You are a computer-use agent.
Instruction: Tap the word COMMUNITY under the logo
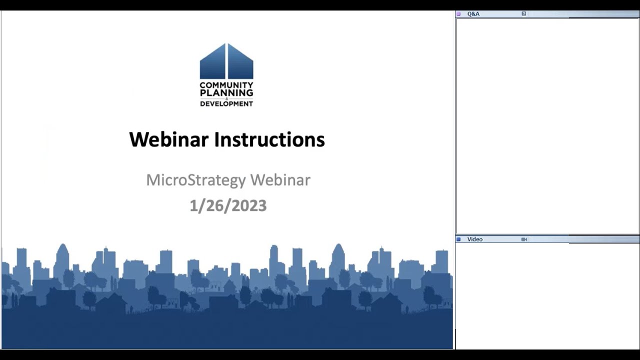coord(226,85)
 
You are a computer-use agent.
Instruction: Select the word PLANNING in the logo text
coord(226,93)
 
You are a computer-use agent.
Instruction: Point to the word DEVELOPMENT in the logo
coord(226,103)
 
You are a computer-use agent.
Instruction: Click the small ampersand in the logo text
coord(226,98)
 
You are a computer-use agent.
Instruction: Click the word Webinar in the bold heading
coord(168,139)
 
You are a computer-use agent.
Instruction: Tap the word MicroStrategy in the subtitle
coord(195,180)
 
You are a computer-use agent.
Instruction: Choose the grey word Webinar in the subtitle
coord(280,180)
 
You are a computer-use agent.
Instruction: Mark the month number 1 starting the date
coord(193,206)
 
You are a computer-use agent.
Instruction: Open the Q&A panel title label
coord(473,14)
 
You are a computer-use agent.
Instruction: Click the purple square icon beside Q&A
coord(459,14)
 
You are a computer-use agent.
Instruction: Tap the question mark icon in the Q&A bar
coord(524,14)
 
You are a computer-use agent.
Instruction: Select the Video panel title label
coord(474,239)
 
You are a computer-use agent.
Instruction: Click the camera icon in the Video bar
coord(524,239)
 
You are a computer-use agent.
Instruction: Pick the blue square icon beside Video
coord(459,239)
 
